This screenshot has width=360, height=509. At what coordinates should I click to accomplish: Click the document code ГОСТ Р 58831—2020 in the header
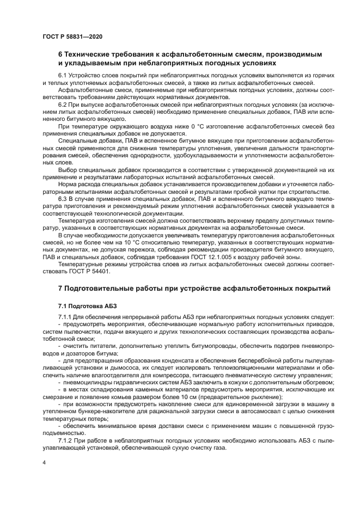click(x=72, y=36)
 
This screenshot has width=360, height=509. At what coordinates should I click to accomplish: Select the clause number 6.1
click(x=63, y=74)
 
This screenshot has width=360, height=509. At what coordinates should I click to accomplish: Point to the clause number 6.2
click(x=63, y=103)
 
